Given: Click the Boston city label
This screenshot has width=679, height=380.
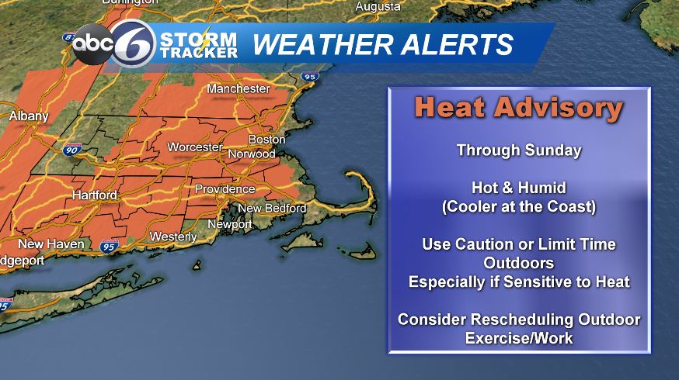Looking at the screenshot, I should [266, 140].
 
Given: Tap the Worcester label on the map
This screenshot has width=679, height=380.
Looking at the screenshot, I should [195, 147].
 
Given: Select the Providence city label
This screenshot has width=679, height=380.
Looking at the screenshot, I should [225, 189].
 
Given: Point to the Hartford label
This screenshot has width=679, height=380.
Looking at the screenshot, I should [95, 195].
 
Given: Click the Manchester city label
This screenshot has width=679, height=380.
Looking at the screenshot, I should [238, 89].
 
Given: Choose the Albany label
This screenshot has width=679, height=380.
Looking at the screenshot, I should [29, 116].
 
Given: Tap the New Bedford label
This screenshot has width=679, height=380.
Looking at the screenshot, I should [272, 209].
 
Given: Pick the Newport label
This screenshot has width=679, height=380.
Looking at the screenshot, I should [229, 225].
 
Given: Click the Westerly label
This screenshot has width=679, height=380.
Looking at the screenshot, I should [172, 236].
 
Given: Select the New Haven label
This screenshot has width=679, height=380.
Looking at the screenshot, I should [51, 244].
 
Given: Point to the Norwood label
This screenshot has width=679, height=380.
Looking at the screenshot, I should [251, 154].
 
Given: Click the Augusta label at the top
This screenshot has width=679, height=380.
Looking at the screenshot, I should [378, 7].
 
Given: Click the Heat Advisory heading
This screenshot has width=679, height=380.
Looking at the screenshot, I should [518, 109].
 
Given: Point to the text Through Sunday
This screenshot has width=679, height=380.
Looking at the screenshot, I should [518, 150].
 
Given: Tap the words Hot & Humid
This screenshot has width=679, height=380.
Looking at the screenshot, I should [518, 188].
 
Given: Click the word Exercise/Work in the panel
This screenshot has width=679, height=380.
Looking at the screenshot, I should [518, 338].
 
